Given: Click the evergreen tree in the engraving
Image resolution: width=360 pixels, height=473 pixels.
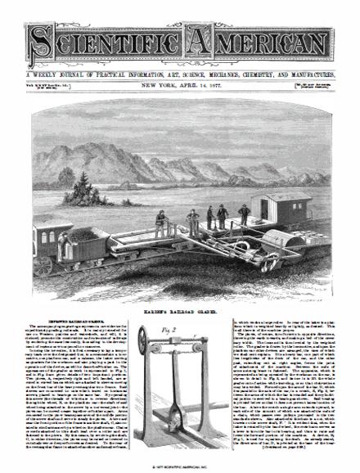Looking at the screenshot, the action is tap(82, 191).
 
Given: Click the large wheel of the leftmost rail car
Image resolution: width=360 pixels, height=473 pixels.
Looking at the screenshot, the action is tap(43, 265).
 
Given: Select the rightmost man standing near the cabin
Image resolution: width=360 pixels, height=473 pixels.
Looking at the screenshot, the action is tap(244, 215).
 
